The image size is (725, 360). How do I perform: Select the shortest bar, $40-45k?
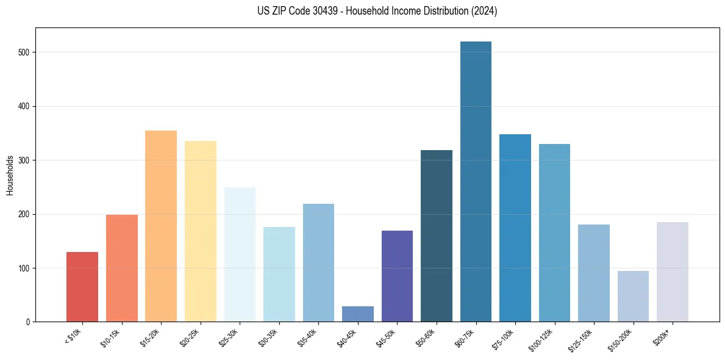tap(357, 314)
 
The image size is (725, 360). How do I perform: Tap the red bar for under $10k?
tap(82, 287)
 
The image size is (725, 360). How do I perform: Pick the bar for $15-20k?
tap(161, 226)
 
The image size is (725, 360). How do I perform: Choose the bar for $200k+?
tap(672, 272)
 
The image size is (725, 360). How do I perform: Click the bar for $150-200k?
tap(633, 297)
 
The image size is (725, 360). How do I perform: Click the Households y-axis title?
tap(10, 175)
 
